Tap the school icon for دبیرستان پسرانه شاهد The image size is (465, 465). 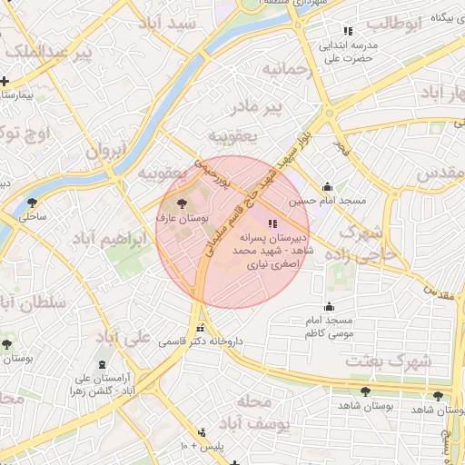click(x=272, y=223)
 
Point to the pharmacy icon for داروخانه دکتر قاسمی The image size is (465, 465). click(x=200, y=329)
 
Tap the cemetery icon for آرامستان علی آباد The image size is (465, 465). click(x=101, y=361)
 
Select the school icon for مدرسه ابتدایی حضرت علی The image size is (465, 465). click(x=348, y=31)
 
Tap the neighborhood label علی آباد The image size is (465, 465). click(x=124, y=339)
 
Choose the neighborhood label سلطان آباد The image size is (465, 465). click(x=35, y=302)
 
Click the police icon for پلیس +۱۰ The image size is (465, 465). click(x=201, y=432)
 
